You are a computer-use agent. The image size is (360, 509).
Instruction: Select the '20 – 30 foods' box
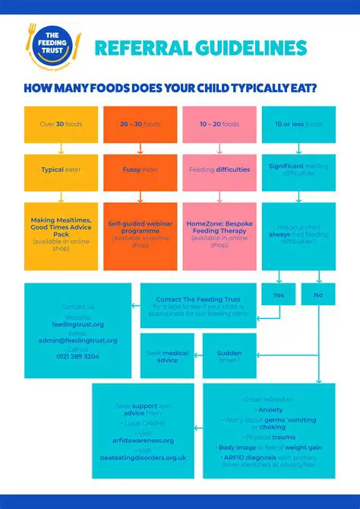[140, 124]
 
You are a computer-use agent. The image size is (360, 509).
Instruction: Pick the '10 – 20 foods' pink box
[219, 124]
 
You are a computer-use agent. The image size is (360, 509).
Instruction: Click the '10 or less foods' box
[298, 124]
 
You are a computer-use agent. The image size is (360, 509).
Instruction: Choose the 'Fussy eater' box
[140, 169]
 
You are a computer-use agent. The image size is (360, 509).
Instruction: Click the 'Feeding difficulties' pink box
[219, 169]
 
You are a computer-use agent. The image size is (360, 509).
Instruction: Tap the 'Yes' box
[279, 294]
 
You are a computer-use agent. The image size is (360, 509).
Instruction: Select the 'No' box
[318, 294]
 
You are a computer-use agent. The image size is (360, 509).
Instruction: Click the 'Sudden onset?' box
[229, 356]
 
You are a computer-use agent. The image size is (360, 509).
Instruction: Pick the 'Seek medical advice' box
[167, 356]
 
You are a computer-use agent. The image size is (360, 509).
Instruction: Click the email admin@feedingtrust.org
[77, 340]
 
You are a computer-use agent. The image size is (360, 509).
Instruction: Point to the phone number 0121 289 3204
[77, 356]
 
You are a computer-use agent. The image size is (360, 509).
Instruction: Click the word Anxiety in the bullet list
[270, 409]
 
